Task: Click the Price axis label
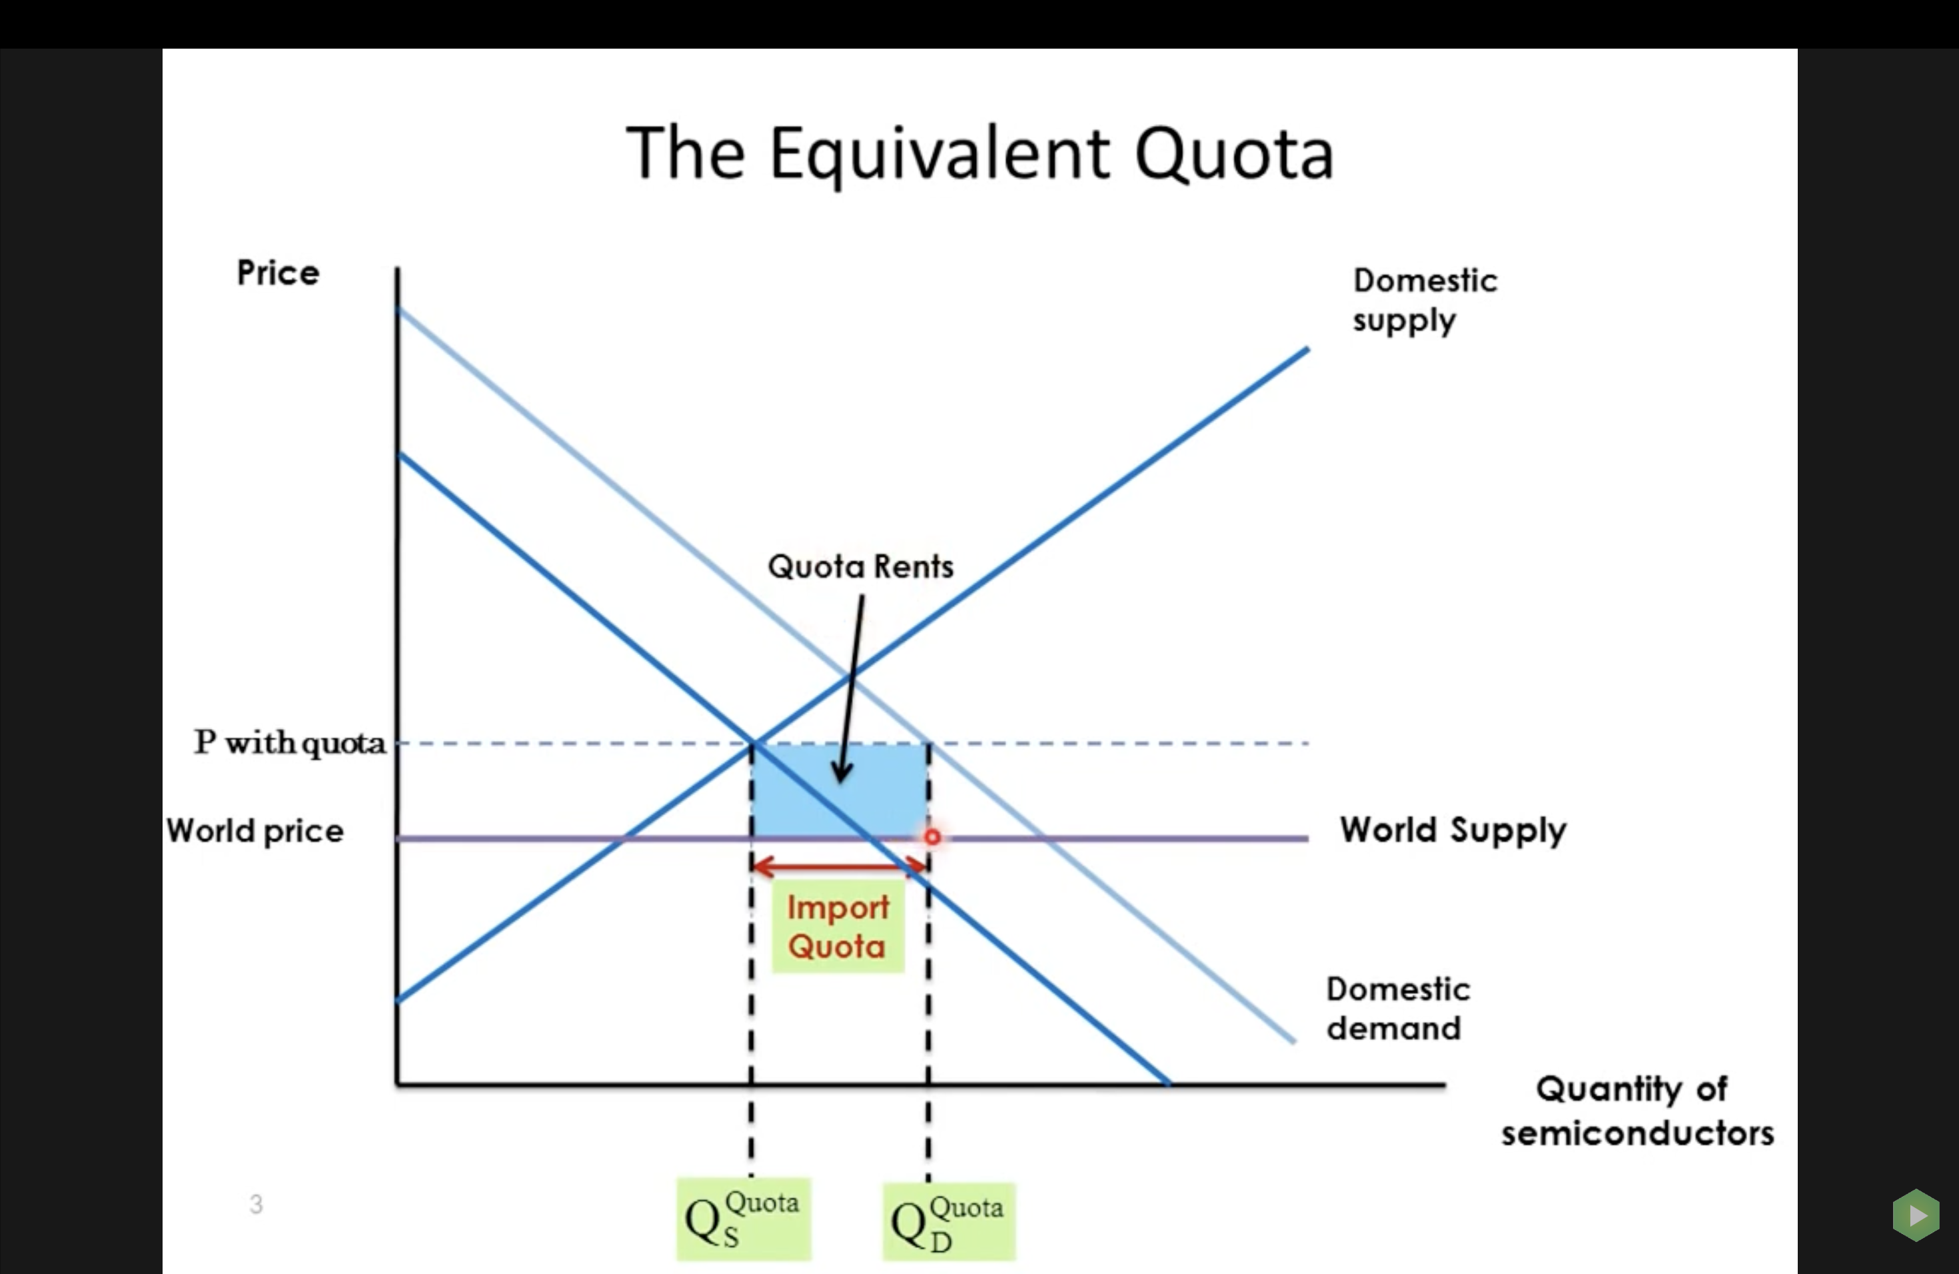(x=277, y=273)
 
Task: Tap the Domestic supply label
(x=1425, y=301)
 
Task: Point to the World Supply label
(x=1453, y=830)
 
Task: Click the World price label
(x=255, y=831)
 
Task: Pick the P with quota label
(x=290, y=743)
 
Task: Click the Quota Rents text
(x=860, y=567)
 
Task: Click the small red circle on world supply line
(x=932, y=837)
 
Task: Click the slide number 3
(x=256, y=1204)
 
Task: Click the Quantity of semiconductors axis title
(x=1636, y=1111)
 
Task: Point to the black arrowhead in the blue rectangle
(x=841, y=773)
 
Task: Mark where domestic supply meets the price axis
(x=398, y=1000)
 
